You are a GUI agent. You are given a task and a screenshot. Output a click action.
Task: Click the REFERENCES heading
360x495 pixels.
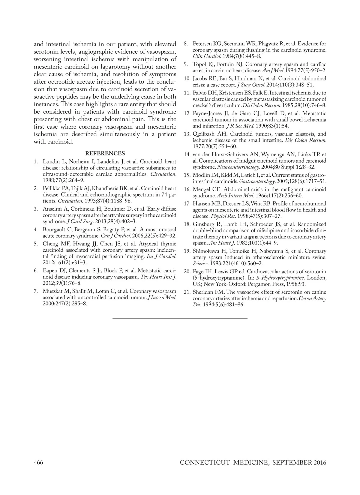coord(105,154)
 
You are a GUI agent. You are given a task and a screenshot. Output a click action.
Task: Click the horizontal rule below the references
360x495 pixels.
coord(180,318)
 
